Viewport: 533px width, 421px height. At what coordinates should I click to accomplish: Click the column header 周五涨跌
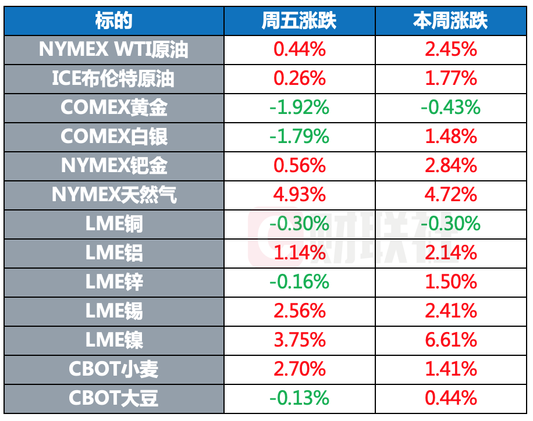(299, 21)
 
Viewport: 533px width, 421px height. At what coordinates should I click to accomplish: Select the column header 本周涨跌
(451, 21)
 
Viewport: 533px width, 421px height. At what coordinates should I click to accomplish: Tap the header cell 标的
(114, 21)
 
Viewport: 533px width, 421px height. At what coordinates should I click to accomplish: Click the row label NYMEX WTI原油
(114, 50)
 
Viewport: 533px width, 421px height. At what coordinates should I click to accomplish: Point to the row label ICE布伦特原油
(114, 79)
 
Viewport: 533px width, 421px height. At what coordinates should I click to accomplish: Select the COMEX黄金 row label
(114, 108)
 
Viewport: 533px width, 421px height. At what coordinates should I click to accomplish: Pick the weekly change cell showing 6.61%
(451, 340)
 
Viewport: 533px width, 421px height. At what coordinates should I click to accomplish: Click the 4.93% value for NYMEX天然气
(299, 195)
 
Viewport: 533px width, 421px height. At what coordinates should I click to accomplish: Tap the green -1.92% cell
(299, 108)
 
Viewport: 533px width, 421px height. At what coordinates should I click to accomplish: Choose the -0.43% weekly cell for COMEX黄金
(451, 108)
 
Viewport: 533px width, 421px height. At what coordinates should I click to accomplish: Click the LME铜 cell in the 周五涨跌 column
(299, 224)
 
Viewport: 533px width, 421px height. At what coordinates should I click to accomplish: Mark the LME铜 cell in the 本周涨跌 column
(451, 224)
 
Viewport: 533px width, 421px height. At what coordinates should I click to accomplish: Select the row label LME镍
(114, 340)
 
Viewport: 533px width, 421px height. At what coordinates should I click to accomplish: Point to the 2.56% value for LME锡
(299, 311)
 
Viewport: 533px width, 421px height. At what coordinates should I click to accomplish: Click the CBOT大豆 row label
(114, 398)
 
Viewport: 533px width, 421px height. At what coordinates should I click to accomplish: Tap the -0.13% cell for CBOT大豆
(299, 398)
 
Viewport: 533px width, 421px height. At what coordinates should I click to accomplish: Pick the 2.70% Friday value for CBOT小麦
(299, 369)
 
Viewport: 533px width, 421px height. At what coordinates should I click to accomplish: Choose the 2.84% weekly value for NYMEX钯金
(451, 166)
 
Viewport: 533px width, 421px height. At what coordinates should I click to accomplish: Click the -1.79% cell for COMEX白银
(299, 137)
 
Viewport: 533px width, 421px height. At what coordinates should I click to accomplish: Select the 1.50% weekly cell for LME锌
(451, 282)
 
